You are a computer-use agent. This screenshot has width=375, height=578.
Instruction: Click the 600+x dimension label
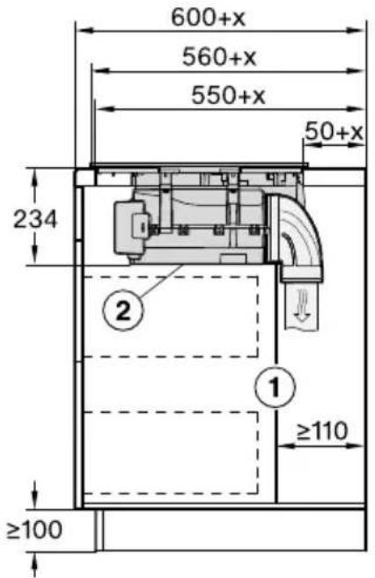click(209, 18)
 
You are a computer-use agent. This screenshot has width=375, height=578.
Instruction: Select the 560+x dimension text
click(219, 57)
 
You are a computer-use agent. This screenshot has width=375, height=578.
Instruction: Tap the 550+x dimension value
click(228, 95)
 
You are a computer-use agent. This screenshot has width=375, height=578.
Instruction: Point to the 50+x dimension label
click(335, 132)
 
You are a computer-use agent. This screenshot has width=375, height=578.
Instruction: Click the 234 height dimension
click(35, 219)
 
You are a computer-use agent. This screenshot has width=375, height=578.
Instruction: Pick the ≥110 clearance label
click(322, 430)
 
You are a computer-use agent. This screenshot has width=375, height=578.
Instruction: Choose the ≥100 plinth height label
click(34, 530)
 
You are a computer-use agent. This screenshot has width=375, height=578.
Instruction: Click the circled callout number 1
click(275, 387)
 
